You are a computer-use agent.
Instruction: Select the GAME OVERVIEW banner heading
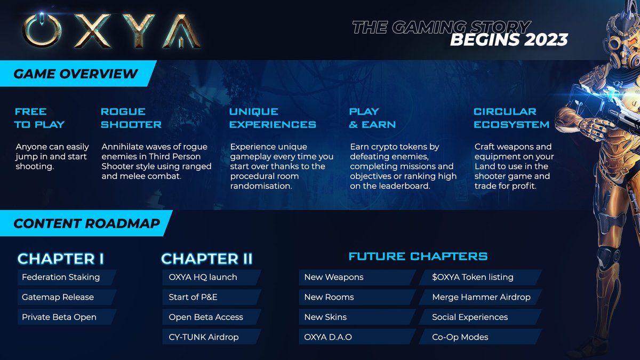[x=76, y=74]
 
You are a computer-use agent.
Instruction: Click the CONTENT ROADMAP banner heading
[x=86, y=223]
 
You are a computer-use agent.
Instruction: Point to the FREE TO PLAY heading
[x=39, y=118]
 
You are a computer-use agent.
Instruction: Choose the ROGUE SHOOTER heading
[x=131, y=118]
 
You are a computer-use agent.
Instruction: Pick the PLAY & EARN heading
[x=372, y=118]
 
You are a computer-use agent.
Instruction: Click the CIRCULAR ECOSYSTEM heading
[x=511, y=118]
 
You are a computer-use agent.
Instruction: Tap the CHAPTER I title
[x=61, y=259]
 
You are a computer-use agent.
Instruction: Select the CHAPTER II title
[x=207, y=259]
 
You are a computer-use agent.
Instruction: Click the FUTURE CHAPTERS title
[x=418, y=257]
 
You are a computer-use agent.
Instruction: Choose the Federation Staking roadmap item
[x=61, y=277]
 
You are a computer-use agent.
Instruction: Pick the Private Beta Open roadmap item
[x=59, y=317]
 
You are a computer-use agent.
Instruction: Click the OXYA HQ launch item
[x=203, y=277]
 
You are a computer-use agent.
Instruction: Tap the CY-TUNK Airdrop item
[x=204, y=337]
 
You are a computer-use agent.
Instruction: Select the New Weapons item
[x=334, y=277]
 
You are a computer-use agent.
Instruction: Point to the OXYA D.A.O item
[x=328, y=337]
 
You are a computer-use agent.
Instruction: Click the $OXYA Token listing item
[x=473, y=277]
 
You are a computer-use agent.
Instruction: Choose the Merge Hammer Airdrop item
[x=481, y=297]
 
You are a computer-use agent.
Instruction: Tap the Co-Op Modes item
[x=460, y=337]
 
